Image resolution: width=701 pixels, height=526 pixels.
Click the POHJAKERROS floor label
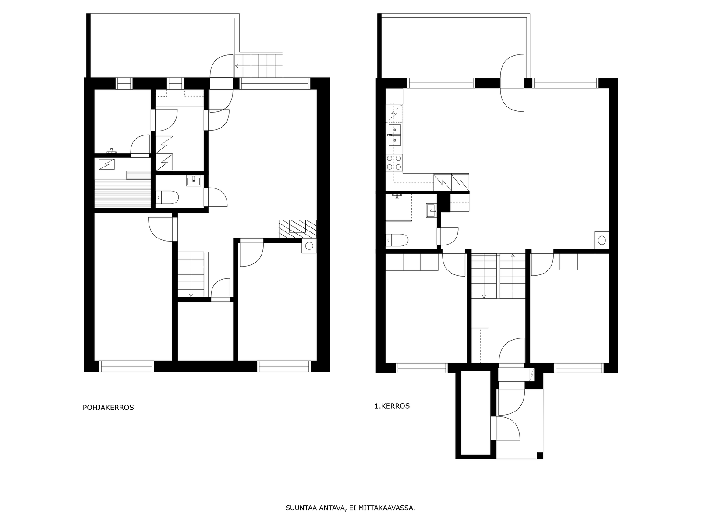click(x=108, y=408)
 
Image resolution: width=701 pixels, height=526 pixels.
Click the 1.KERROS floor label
click(x=392, y=406)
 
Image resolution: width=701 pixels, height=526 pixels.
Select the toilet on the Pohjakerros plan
click(x=167, y=197)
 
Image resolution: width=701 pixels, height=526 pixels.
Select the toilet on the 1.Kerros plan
click(x=397, y=240)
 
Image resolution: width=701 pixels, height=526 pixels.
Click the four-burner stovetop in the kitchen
click(x=394, y=162)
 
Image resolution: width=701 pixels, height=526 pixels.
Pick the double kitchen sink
click(x=394, y=135)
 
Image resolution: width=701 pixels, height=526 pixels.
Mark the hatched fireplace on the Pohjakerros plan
click(x=297, y=229)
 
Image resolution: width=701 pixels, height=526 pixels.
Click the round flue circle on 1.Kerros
click(x=602, y=240)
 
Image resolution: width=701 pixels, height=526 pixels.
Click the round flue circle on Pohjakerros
click(x=309, y=246)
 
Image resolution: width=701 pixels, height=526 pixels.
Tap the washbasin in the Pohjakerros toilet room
click(x=194, y=181)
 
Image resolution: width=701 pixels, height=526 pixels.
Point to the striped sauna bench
click(x=123, y=194)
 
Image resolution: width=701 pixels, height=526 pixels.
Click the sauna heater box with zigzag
click(x=106, y=164)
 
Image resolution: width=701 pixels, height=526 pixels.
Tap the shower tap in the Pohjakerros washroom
click(x=111, y=151)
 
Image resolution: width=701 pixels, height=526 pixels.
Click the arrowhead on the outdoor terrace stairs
click(x=237, y=66)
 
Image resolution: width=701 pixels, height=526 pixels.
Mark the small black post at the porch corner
click(x=540, y=455)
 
